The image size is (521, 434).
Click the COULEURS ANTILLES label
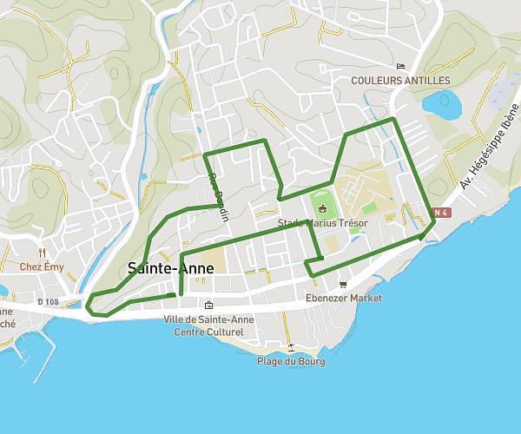(x=400, y=81)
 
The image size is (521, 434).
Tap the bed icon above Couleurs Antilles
(x=400, y=67)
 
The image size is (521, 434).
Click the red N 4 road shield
(x=439, y=212)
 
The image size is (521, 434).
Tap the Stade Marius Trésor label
(x=323, y=223)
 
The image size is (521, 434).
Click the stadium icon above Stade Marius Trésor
(x=323, y=208)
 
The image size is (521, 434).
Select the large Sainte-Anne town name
(x=170, y=268)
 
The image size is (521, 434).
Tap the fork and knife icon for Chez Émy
(x=43, y=253)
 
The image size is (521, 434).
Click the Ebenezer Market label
(x=344, y=298)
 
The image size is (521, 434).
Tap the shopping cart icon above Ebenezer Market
(x=343, y=284)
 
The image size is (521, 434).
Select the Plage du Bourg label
(x=292, y=361)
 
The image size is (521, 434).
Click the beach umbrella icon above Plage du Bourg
(x=292, y=347)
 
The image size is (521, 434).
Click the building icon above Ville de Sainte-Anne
(x=208, y=305)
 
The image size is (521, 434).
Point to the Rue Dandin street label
(x=216, y=194)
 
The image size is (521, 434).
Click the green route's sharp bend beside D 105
(x=88, y=303)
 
